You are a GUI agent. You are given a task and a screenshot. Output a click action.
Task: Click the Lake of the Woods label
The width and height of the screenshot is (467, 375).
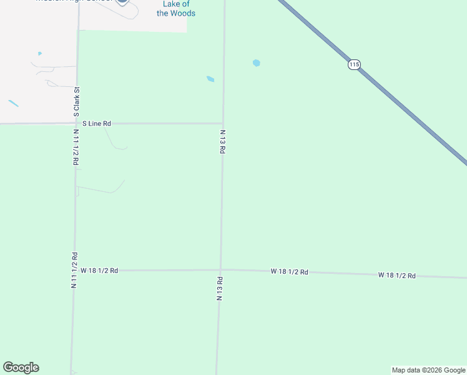(175, 9)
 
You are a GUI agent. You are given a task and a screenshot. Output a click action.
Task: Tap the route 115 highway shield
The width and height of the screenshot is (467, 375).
(355, 65)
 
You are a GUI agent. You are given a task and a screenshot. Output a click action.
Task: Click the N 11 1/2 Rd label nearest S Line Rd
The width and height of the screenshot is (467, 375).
(76, 147)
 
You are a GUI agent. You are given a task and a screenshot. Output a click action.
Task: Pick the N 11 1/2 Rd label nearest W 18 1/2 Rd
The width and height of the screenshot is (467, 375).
(74, 269)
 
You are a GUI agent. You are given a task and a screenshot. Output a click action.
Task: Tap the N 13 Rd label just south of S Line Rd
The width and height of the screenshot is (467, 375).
(222, 142)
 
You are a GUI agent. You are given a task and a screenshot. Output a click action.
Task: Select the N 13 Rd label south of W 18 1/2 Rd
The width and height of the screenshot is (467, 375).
(220, 288)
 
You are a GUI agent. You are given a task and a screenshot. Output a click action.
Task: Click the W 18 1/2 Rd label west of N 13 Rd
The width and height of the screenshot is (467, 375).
(99, 271)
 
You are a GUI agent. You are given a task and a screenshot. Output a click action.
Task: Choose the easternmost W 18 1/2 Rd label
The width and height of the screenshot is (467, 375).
(396, 275)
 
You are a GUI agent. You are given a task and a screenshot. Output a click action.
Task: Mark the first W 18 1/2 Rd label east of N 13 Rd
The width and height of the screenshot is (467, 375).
(289, 272)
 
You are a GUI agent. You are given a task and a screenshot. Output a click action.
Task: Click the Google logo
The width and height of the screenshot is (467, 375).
(21, 367)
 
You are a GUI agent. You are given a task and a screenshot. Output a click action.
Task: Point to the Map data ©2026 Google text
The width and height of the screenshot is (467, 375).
(428, 370)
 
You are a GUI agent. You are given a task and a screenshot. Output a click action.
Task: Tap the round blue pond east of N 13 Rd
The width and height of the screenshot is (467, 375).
(256, 63)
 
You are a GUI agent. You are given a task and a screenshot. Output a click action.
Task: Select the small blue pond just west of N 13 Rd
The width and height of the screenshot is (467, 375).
(210, 79)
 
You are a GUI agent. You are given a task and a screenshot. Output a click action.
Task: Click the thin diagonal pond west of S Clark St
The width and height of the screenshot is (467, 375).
(13, 103)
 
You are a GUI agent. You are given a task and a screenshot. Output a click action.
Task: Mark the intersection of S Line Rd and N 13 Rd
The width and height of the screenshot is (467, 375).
(223, 124)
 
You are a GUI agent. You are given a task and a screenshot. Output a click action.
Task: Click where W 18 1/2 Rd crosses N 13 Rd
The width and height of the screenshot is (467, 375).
(220, 270)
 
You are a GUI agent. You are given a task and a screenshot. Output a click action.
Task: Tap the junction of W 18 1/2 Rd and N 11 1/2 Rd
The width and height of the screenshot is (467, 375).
(74, 271)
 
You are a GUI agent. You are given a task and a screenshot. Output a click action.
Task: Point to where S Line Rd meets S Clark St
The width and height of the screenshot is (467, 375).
(77, 124)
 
